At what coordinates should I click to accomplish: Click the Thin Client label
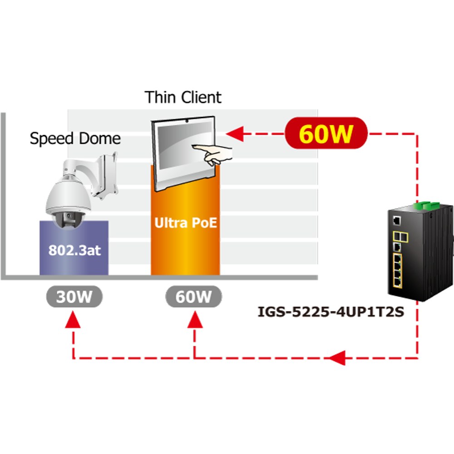click(183, 97)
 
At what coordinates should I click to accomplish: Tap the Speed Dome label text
click(75, 138)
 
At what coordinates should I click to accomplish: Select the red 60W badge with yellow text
click(326, 133)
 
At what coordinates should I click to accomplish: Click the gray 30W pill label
click(74, 296)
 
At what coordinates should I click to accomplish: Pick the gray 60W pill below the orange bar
click(193, 296)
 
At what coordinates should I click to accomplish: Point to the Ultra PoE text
click(186, 222)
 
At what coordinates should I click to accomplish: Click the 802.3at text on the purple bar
click(74, 250)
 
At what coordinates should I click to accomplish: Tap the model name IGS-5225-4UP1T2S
click(331, 312)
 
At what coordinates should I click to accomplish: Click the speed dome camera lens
click(69, 216)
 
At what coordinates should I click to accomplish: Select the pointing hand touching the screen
click(213, 154)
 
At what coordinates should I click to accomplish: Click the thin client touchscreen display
click(185, 148)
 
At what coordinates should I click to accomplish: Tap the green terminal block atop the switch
click(427, 205)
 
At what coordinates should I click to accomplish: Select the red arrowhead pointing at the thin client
click(235, 134)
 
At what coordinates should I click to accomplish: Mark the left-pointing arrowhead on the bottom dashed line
click(337, 358)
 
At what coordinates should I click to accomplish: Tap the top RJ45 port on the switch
click(397, 221)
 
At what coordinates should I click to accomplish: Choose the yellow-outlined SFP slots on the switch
click(400, 237)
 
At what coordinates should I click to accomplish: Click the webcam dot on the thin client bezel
click(187, 121)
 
